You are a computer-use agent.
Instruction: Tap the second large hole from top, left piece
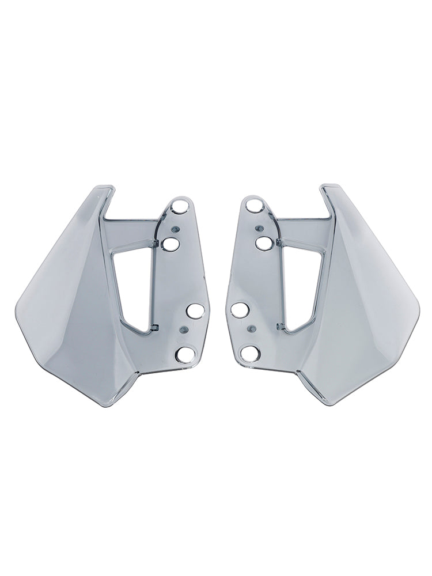pos(170,244)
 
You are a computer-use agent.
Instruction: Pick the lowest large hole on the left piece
pos(185,355)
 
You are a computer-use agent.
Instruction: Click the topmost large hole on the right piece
pos(253,204)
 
